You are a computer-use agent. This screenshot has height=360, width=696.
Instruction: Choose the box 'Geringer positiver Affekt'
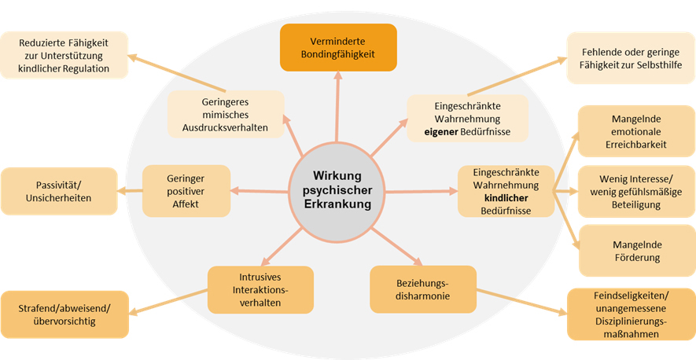coord(186,190)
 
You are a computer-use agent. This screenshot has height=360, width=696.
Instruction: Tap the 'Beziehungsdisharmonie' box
coord(423,288)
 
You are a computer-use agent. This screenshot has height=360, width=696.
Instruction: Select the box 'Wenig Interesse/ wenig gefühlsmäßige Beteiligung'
coord(633,191)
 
